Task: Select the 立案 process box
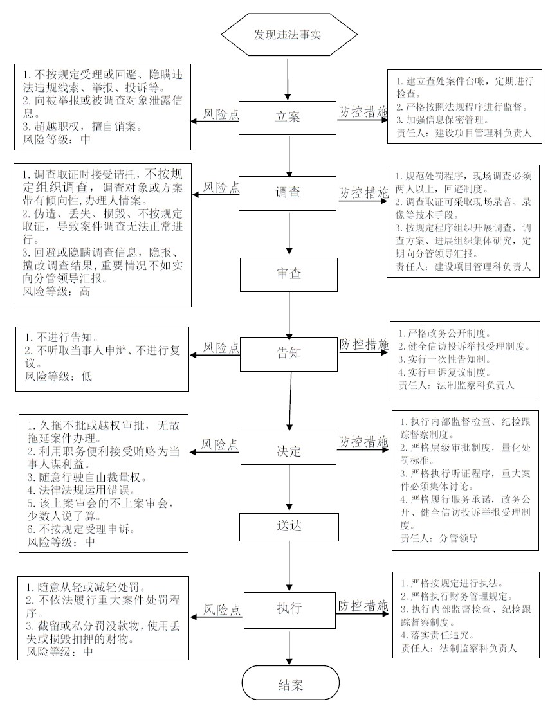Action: tap(288, 117)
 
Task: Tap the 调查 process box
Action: tap(288, 193)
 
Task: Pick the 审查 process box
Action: tap(289, 275)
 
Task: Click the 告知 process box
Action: tap(289, 354)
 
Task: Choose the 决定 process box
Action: tap(289, 448)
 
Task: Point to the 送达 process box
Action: tap(289, 527)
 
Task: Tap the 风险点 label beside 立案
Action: tap(220, 114)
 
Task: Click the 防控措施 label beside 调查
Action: tap(363, 193)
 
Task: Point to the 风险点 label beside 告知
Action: tap(221, 347)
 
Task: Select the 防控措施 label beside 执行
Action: tap(363, 606)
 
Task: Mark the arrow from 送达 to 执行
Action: tap(289, 566)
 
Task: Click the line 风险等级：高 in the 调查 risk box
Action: tap(57, 292)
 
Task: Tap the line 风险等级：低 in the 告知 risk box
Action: tap(58, 376)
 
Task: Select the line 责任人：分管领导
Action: tap(439, 538)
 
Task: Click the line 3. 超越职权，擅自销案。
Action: tap(82, 127)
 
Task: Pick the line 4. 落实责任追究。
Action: tap(437, 635)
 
